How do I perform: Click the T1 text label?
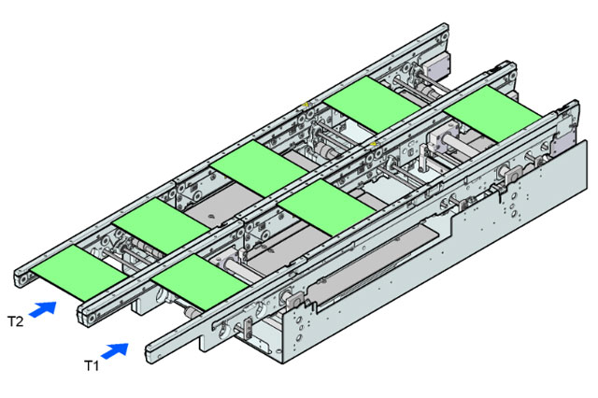(92, 365)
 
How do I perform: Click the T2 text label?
(16, 321)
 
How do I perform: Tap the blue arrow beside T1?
(115, 350)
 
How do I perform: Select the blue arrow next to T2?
(43, 309)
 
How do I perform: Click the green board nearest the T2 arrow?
(78, 272)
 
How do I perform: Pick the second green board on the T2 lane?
(162, 226)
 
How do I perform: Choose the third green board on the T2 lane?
(260, 168)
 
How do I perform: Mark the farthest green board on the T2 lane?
(373, 104)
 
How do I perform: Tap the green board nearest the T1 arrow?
(199, 282)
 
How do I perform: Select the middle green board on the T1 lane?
(327, 207)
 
